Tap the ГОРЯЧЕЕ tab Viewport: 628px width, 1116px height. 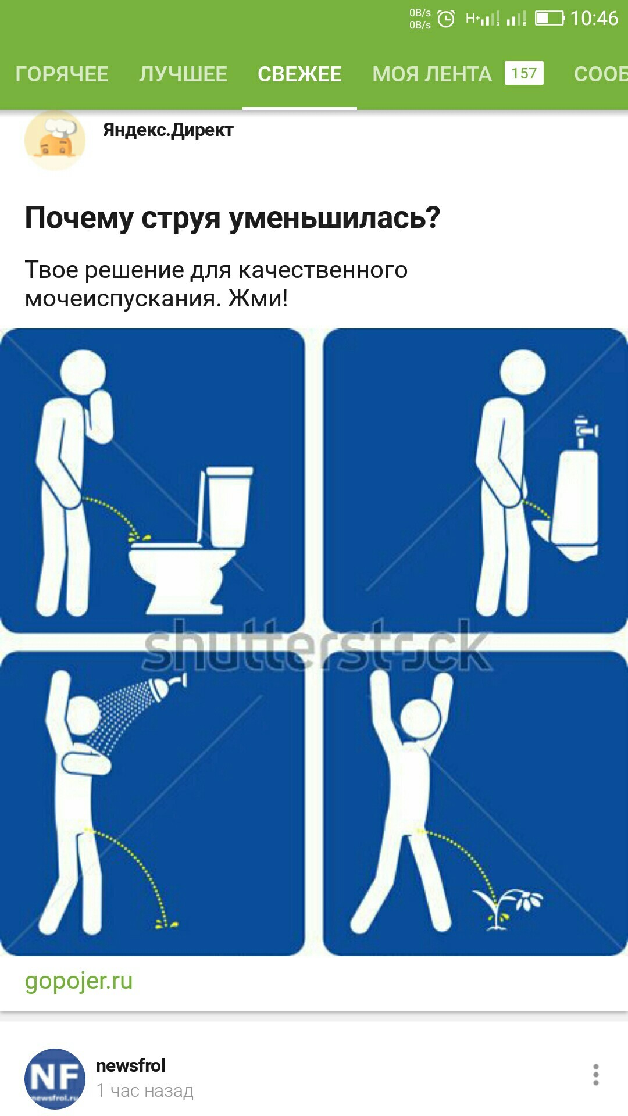point(62,74)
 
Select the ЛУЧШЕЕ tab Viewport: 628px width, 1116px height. point(183,74)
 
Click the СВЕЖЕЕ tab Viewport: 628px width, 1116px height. point(299,74)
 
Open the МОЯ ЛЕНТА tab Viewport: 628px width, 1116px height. point(432,74)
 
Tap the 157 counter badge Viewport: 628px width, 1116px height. point(524,73)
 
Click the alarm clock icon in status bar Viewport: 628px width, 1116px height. point(446,19)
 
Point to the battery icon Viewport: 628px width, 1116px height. point(549,19)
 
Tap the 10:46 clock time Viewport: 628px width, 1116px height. point(594,19)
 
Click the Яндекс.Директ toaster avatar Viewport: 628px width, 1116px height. point(55,140)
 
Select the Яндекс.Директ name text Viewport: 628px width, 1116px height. point(168,130)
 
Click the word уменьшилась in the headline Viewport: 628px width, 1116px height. point(334,218)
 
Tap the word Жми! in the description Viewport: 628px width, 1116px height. point(258,298)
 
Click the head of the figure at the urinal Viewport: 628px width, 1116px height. point(523,372)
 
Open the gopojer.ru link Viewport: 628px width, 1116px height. point(78,981)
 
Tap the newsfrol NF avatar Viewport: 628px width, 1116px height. point(55,1079)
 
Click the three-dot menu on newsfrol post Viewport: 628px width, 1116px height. point(595,1075)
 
